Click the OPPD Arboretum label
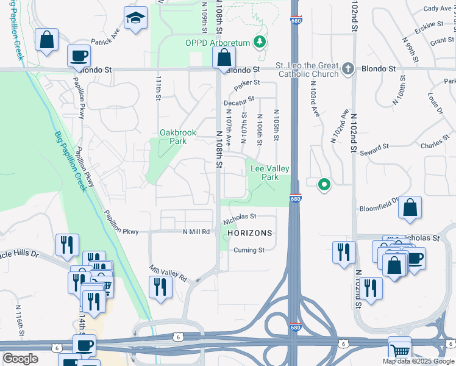click(x=218, y=43)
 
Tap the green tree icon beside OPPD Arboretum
click(x=261, y=41)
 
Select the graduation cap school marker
click(x=135, y=19)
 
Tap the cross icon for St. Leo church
click(x=348, y=68)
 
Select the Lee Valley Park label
click(x=269, y=173)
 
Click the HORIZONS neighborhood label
click(x=249, y=234)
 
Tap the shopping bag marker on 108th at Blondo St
click(x=224, y=58)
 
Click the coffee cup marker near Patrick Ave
click(x=79, y=56)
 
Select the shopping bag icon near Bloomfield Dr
click(x=410, y=208)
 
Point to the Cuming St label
click(x=249, y=250)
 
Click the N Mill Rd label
click(x=196, y=232)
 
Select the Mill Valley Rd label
click(x=168, y=272)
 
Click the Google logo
click(x=20, y=359)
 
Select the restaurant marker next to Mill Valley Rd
click(x=160, y=287)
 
